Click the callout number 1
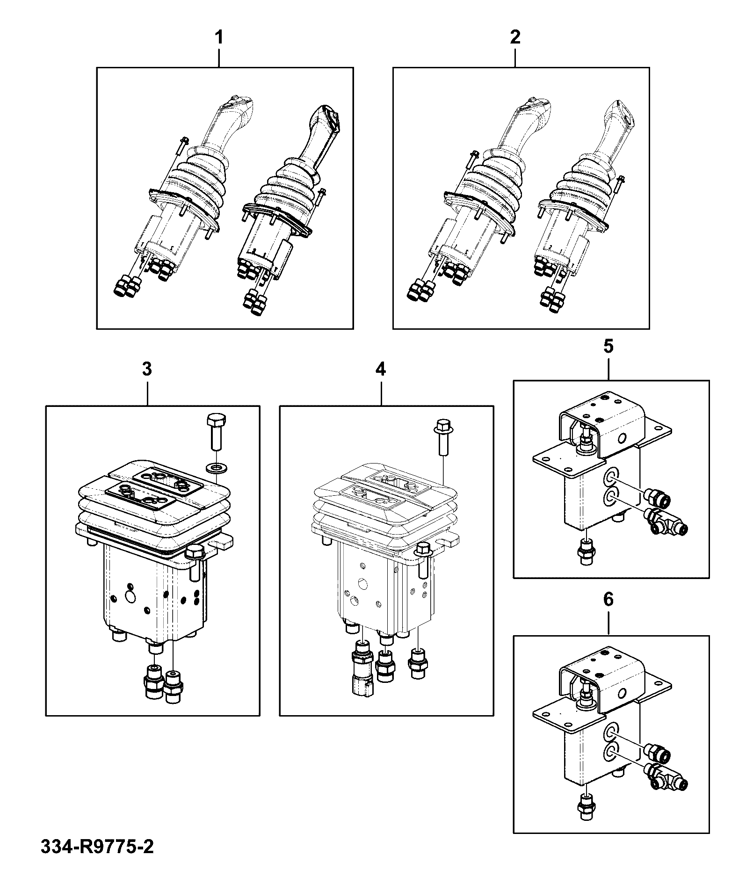tap(218, 37)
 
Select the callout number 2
tap(514, 37)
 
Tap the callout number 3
tap(147, 370)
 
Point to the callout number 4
tap(381, 370)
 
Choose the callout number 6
tap(608, 600)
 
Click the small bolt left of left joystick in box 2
tap(471, 160)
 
